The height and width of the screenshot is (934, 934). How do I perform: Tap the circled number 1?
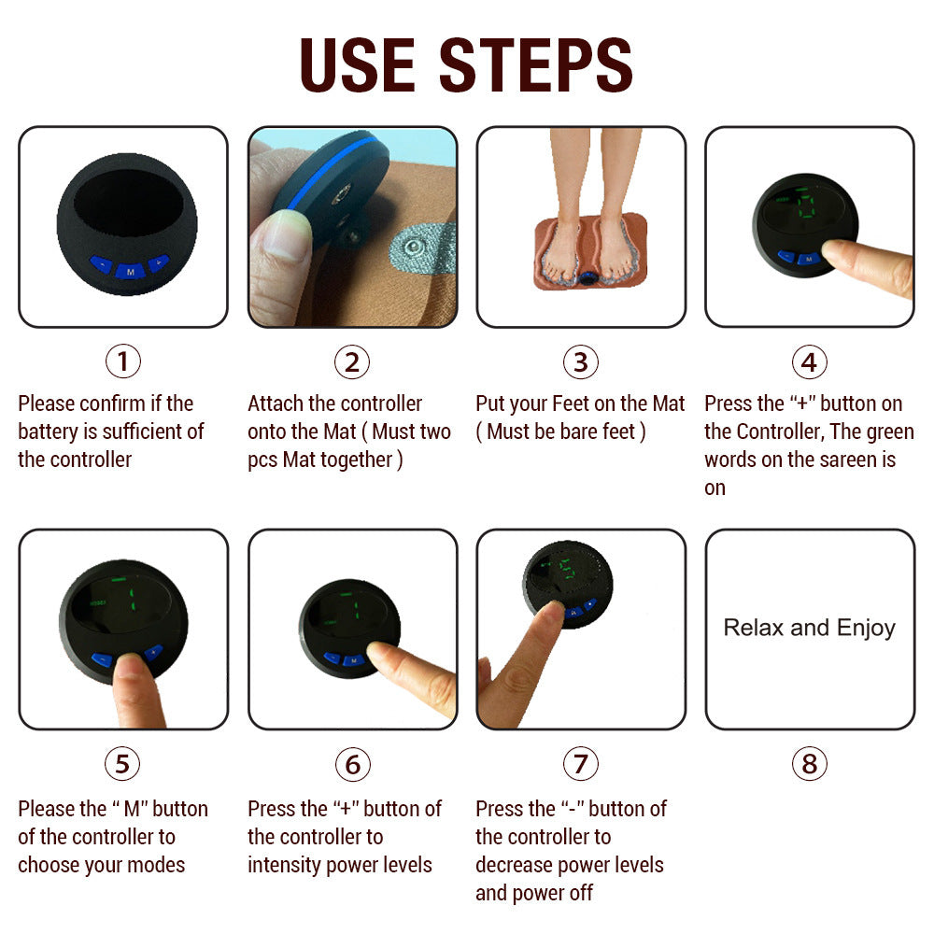(122, 361)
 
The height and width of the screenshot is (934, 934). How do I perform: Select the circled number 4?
(809, 361)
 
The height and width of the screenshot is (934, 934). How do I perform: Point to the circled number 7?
(580, 764)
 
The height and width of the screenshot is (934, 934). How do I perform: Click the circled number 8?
(809, 764)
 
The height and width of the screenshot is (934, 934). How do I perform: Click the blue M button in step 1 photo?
(129, 269)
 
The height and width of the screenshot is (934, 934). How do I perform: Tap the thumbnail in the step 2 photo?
(279, 233)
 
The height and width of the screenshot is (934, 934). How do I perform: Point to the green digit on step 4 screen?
(805, 206)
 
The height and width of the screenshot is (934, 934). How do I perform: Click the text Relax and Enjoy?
(809, 628)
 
